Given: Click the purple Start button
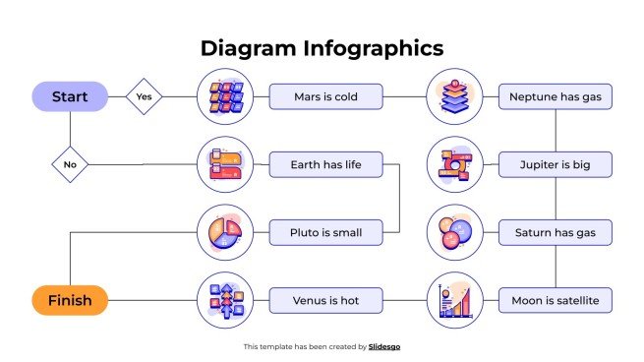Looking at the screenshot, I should [x=70, y=96].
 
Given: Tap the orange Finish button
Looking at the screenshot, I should [x=70, y=300].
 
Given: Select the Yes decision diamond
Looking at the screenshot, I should [x=145, y=96].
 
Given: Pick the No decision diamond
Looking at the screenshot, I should [x=70, y=164].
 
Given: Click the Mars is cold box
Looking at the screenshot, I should [x=325, y=96].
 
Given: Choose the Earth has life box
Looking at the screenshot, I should [x=325, y=164].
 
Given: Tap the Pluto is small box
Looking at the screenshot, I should [x=325, y=233].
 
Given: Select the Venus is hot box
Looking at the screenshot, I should [x=325, y=300].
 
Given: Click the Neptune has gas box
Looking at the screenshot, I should [x=556, y=96].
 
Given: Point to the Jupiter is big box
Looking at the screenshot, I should [x=556, y=164].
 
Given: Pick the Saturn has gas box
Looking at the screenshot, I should [x=556, y=233].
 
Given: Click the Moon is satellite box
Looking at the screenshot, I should [x=556, y=300].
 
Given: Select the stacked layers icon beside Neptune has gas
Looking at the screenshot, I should [x=454, y=96].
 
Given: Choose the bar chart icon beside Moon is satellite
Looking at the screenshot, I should [x=454, y=300].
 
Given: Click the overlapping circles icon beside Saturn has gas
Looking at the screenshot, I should [x=454, y=233].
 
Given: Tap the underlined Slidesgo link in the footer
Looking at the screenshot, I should [x=384, y=346].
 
